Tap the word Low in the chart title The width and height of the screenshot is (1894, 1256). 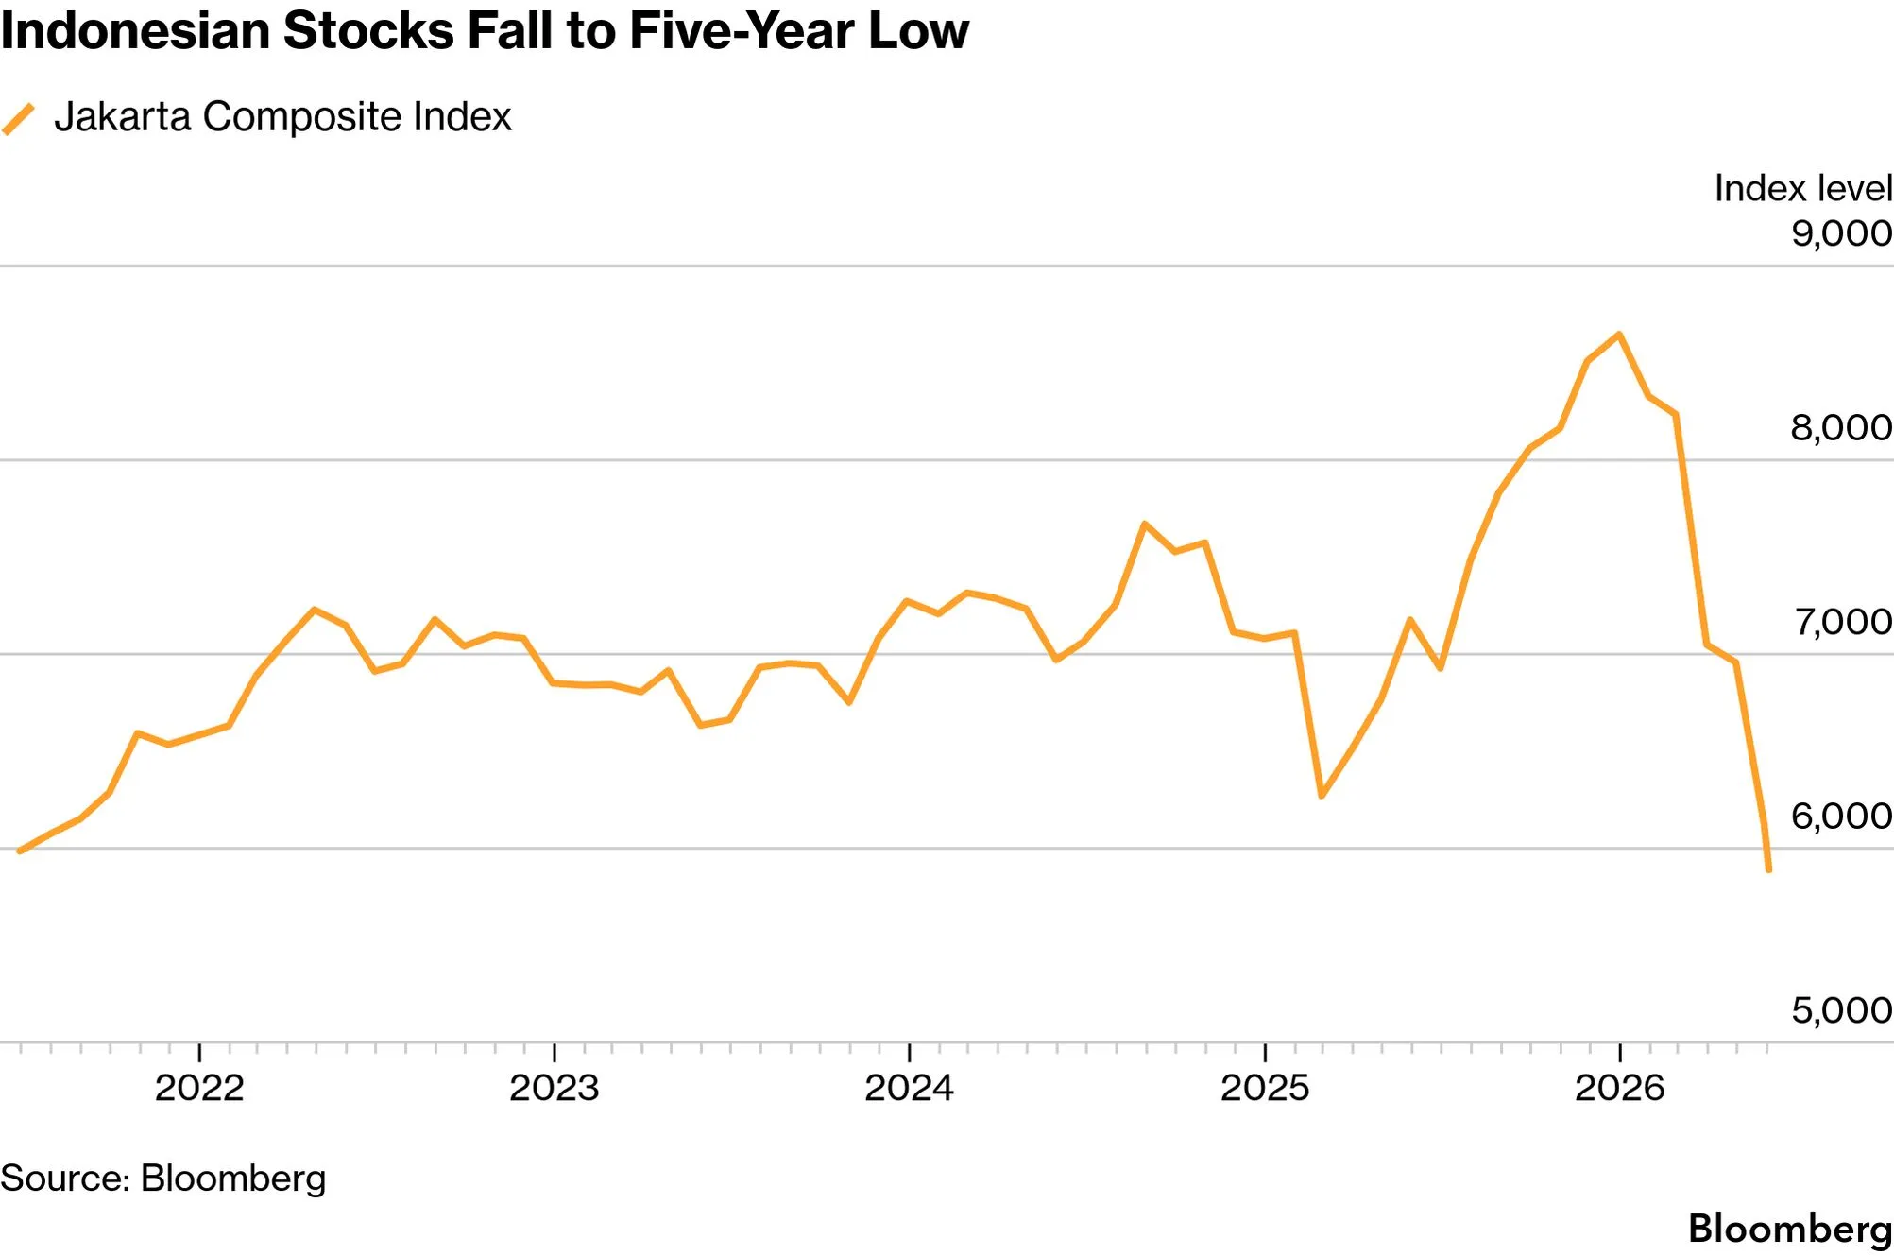click(918, 30)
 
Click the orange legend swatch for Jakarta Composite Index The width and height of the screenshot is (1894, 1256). click(18, 119)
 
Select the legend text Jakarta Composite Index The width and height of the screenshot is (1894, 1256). click(282, 117)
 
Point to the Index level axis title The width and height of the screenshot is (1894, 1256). click(1803, 188)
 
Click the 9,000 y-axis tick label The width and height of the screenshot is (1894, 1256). click(1842, 233)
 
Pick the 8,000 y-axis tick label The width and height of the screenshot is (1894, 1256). click(1842, 427)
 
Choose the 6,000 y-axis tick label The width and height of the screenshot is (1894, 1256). click(1842, 816)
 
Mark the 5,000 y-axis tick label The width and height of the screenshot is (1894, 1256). click(1842, 1010)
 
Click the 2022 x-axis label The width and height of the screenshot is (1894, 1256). click(199, 1088)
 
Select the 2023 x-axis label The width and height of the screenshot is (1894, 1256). click(555, 1088)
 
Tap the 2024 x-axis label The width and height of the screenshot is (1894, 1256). click(910, 1088)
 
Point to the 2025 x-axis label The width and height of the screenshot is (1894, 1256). click(1265, 1088)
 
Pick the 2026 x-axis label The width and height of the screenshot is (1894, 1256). click(1620, 1088)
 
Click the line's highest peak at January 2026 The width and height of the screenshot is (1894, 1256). click(1620, 334)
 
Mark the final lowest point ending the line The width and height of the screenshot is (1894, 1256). click(1768, 869)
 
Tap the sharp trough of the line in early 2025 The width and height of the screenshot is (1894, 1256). click(1322, 796)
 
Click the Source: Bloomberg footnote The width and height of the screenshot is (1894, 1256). click(163, 1179)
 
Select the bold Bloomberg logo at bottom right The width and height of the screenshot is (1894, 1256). click(1790, 1229)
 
